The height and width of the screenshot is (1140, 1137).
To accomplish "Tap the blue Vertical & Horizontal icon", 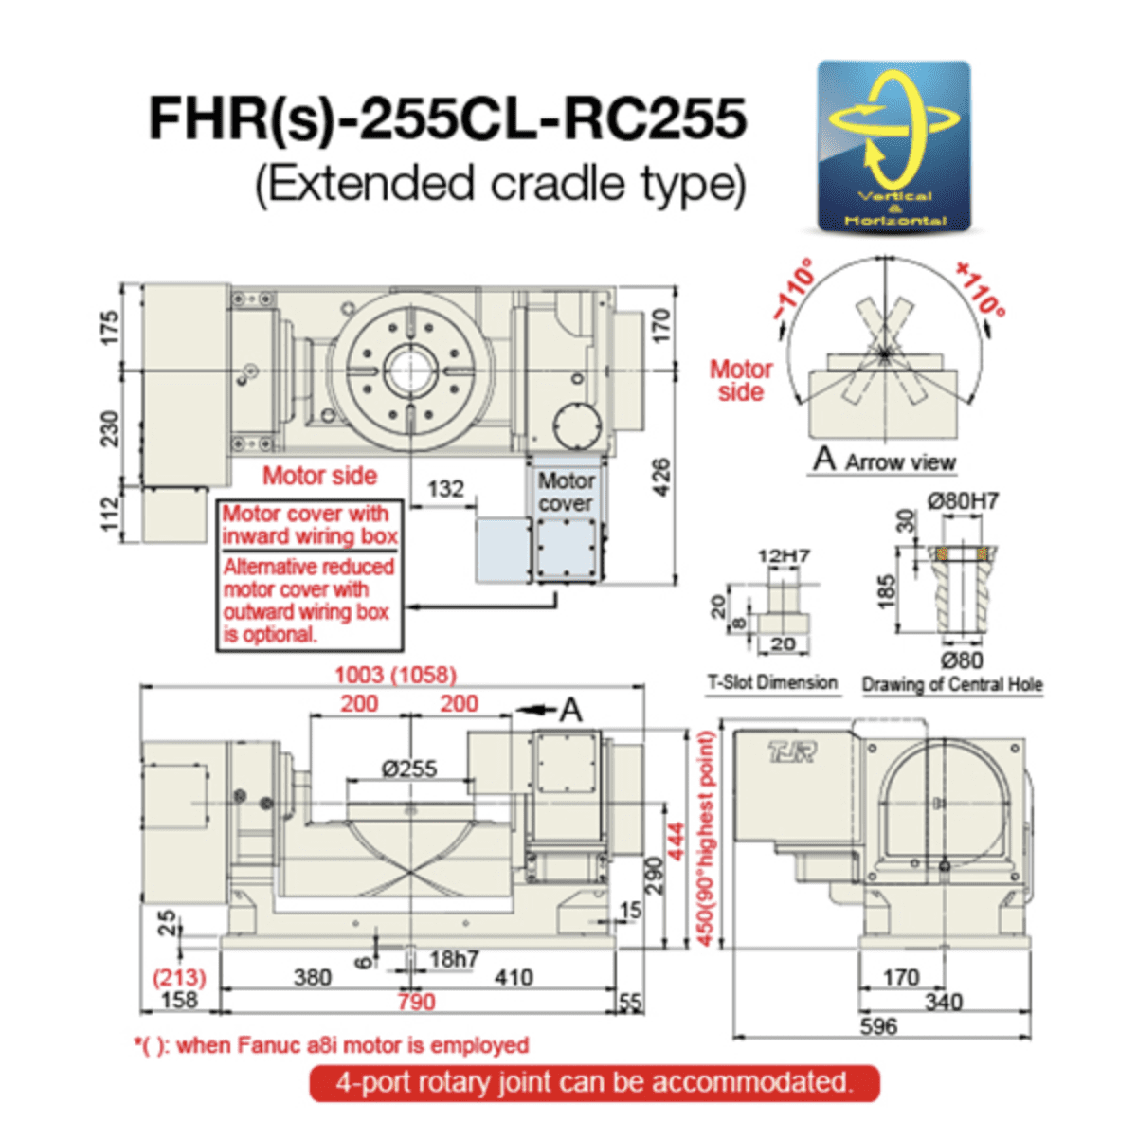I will pyautogui.click(x=894, y=147).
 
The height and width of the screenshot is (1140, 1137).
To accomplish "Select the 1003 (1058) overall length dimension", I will pyautogui.click(x=395, y=675).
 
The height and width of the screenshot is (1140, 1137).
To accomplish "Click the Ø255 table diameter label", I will pyautogui.click(x=409, y=769).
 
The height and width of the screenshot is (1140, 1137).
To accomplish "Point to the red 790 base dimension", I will pyautogui.click(x=416, y=1002).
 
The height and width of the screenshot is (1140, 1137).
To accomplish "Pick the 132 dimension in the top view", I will pyautogui.click(x=445, y=489).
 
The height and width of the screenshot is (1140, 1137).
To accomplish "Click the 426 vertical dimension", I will pyautogui.click(x=661, y=477).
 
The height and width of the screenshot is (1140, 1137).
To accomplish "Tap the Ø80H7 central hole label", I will pyautogui.click(x=963, y=501).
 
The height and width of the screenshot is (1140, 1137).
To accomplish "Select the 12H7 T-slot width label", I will pyautogui.click(x=783, y=555).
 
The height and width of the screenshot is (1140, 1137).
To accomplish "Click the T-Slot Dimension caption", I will pyautogui.click(x=772, y=682).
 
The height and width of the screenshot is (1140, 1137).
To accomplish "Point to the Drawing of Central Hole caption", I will pyautogui.click(x=952, y=684).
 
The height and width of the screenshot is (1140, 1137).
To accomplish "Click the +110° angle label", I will pyautogui.click(x=980, y=288).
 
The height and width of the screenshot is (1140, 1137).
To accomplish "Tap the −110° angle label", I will pyautogui.click(x=793, y=288).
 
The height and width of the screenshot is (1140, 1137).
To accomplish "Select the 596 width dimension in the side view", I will pyautogui.click(x=878, y=1026).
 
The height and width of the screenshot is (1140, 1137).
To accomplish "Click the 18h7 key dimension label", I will pyautogui.click(x=454, y=959).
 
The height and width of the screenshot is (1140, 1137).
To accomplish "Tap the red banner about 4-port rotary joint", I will pyautogui.click(x=594, y=1082).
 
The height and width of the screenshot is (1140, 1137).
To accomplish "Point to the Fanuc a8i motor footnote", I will pyautogui.click(x=332, y=1045).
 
